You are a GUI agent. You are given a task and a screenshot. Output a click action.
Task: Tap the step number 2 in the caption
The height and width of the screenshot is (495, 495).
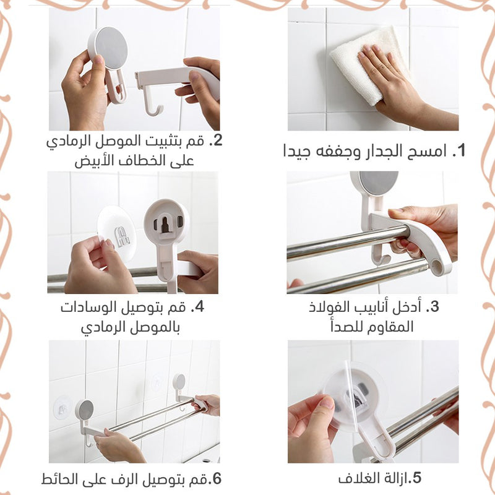[x=218, y=140]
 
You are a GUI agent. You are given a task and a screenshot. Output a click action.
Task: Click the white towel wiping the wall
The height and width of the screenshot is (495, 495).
[x=369, y=65]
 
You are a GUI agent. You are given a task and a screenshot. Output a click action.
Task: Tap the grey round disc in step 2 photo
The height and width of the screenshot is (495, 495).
[x=111, y=48]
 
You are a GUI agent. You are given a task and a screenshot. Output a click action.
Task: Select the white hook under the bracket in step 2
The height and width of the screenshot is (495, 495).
[x=152, y=103]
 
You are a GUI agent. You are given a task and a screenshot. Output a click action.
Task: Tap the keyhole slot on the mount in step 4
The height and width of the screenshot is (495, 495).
[x=165, y=223]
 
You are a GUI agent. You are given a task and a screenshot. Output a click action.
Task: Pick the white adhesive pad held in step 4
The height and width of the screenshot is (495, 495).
[x=117, y=233]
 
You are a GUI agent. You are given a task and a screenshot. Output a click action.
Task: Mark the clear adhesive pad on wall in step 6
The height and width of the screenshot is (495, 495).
[x=62, y=408]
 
